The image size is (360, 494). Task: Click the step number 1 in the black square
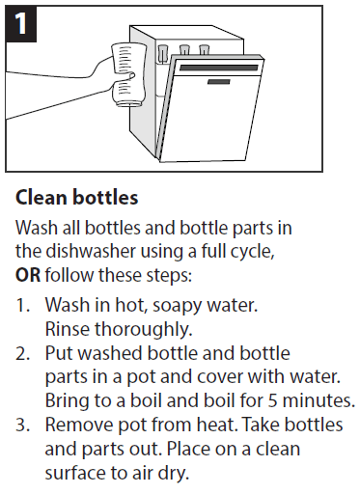tap(21, 23)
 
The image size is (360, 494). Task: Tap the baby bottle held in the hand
tap(127, 74)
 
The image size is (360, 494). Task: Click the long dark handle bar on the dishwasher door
tap(219, 68)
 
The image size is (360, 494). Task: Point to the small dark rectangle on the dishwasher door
tap(219, 82)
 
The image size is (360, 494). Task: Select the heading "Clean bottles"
tap(77, 198)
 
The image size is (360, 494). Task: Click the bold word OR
tap(28, 275)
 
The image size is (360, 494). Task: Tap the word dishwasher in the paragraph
tap(91, 251)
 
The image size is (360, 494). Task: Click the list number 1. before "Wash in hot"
tap(22, 305)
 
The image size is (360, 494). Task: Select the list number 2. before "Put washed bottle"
tap(22, 353)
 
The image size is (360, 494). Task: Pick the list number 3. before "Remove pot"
tap(22, 425)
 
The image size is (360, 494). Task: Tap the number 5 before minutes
tap(273, 401)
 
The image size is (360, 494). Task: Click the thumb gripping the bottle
tap(127, 76)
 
